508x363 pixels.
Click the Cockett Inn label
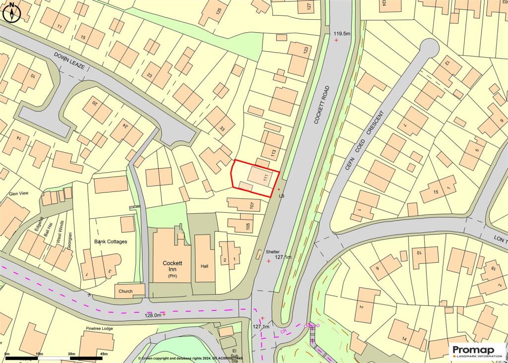(171, 266)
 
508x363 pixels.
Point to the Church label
(126, 291)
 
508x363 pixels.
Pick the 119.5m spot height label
(341, 34)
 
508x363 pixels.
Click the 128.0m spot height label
(152, 314)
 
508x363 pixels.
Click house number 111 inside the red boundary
(266, 177)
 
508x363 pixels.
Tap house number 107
(252, 204)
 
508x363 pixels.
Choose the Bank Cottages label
(111, 242)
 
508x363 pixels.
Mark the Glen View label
(19, 194)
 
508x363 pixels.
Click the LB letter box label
(282, 196)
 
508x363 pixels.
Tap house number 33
(222, 129)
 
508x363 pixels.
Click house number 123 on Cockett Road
(305, 50)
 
